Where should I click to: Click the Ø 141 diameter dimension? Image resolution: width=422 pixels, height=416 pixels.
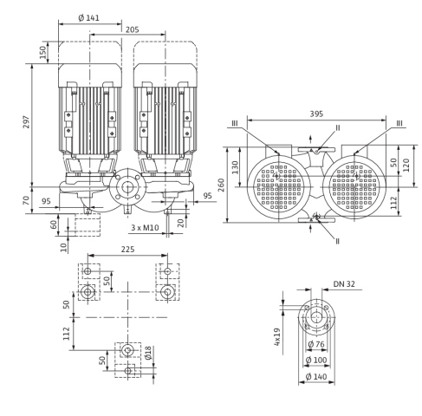tap(88, 18)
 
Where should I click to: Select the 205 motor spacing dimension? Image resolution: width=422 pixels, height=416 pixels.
tap(132, 29)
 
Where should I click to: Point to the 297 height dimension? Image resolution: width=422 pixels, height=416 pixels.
tap(26, 122)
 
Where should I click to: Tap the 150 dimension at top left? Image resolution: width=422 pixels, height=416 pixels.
tap(42, 52)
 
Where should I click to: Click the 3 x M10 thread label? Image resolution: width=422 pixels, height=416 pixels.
tap(145, 228)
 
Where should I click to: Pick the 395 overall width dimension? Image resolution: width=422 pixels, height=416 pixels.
tap(316, 114)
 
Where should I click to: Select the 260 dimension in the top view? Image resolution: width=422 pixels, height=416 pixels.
tap(221, 185)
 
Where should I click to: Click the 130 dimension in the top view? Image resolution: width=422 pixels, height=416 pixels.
tap(236, 167)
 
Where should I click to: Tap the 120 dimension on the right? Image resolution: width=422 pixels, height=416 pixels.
tap(406, 165)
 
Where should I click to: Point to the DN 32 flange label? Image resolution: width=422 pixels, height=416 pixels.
tap(344, 284)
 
